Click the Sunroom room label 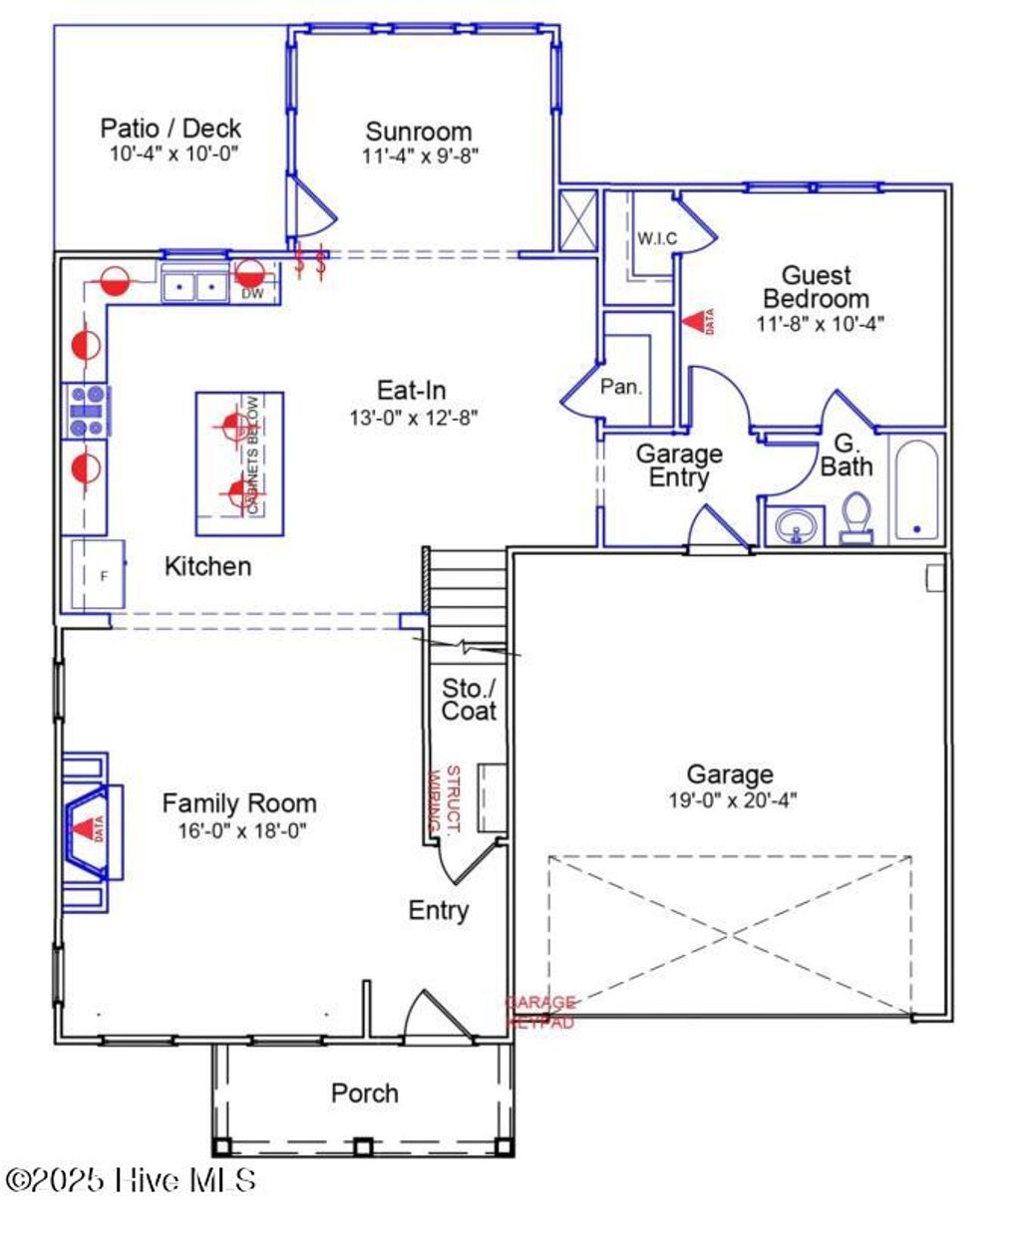(x=418, y=132)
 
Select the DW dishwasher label (x=252, y=293)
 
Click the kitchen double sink (x=194, y=287)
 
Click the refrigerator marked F (x=98, y=575)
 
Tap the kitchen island (x=239, y=463)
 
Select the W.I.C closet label (x=657, y=239)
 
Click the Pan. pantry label (x=621, y=387)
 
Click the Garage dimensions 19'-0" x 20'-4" (x=730, y=799)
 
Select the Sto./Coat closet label (x=469, y=699)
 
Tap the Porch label (x=364, y=1092)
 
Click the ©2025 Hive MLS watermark (x=131, y=1180)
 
